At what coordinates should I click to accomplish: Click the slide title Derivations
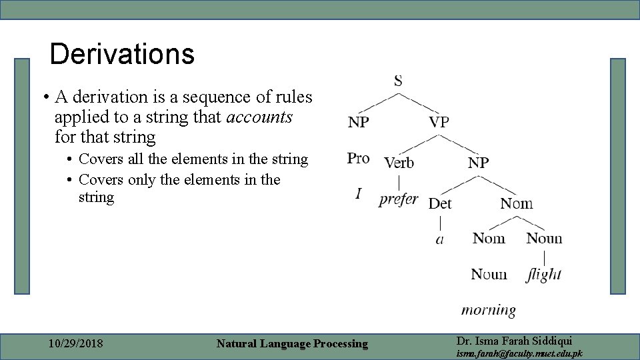tap(122, 55)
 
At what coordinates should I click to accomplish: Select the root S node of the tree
tap(398, 81)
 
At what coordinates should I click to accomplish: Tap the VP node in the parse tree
tap(439, 122)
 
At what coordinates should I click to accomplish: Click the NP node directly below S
tap(358, 123)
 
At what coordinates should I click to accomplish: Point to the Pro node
tap(358, 158)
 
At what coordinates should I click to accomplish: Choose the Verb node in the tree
tap(399, 162)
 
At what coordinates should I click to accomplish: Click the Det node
tap(439, 203)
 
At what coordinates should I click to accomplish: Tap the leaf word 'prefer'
tap(398, 199)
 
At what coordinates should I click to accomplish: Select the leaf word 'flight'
tap(543, 274)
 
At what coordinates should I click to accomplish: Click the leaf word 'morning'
tap(489, 310)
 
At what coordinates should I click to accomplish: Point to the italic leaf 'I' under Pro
tap(359, 193)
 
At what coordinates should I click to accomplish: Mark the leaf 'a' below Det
tap(439, 239)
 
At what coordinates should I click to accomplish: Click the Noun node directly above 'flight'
tap(544, 238)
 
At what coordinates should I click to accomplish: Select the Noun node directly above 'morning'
tap(489, 274)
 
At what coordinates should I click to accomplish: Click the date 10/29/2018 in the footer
tap(76, 344)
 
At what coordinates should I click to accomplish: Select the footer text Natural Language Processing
tap(292, 344)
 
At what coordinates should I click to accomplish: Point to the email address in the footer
tap(519, 353)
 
